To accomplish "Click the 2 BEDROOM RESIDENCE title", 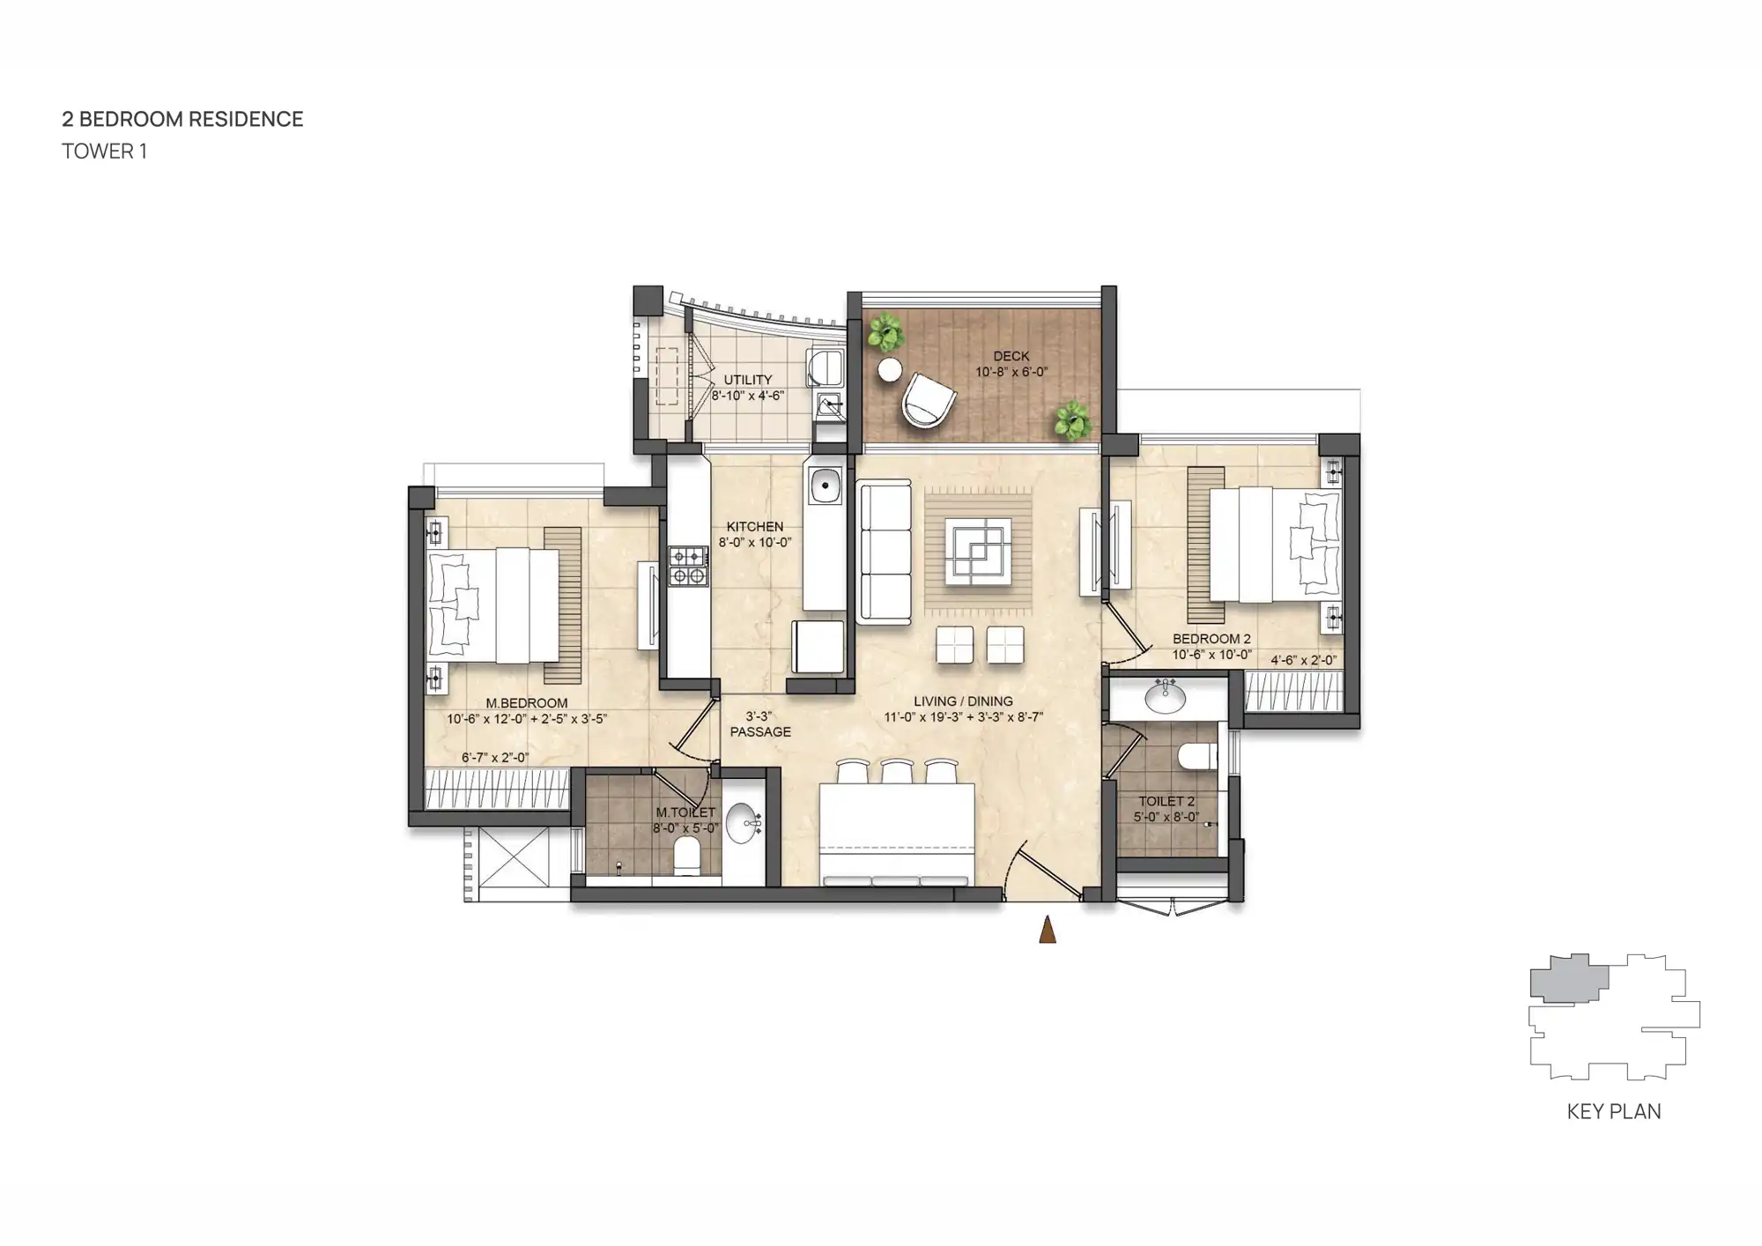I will [x=182, y=119].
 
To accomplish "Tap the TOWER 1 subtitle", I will [x=104, y=152].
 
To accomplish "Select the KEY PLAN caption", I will [x=1613, y=1112].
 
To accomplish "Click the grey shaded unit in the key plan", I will [x=1566, y=978].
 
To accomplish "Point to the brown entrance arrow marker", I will [x=1047, y=931].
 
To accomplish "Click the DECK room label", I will [x=1011, y=356].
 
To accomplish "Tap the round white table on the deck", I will [x=890, y=370].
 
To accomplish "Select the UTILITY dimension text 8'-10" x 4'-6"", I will [x=747, y=396].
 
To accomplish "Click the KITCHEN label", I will [x=754, y=526].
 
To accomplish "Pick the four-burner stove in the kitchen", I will [x=688, y=566].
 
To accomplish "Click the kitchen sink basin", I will [x=825, y=485].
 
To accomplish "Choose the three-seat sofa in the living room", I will [x=884, y=553].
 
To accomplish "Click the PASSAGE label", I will [x=760, y=731].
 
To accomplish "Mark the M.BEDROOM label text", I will [x=526, y=703].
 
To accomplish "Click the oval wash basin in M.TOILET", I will [x=743, y=822].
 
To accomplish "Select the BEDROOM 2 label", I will [x=1210, y=639].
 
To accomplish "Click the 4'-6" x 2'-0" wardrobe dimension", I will [x=1303, y=660].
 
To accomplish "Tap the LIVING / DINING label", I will [x=963, y=701].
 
